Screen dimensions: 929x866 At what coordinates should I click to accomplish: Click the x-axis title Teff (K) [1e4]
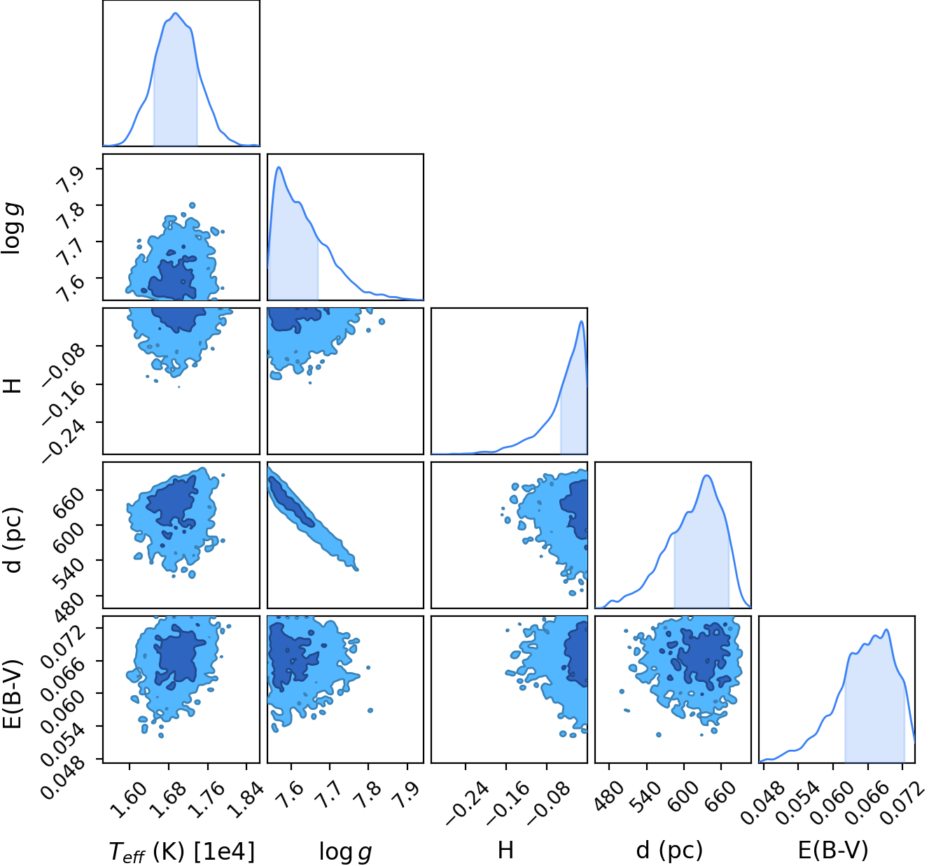(181, 851)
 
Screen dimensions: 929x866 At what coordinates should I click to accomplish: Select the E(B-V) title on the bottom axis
(833, 850)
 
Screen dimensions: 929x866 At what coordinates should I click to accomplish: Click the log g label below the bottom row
(345, 851)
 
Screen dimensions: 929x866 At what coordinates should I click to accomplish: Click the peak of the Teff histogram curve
(176, 13)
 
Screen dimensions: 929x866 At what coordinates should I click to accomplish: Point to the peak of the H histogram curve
(582, 321)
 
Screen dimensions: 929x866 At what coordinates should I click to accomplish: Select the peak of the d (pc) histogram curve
(707, 476)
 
